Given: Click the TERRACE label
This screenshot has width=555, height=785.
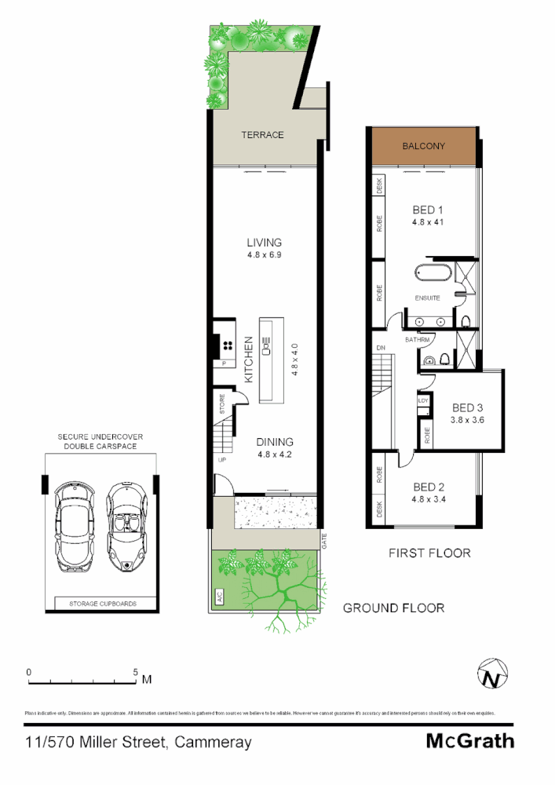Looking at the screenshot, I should pyautogui.click(x=262, y=135).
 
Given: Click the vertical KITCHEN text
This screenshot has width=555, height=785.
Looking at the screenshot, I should pyautogui.click(x=248, y=359).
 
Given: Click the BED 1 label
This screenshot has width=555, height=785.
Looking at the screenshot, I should pyautogui.click(x=429, y=210).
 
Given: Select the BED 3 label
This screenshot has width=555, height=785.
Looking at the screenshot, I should pyautogui.click(x=467, y=407).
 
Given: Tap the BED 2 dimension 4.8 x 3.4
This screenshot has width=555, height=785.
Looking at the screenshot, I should pyautogui.click(x=428, y=498).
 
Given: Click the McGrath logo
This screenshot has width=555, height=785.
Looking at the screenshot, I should pyautogui.click(x=469, y=740).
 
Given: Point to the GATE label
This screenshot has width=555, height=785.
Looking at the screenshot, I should pyautogui.click(x=323, y=541).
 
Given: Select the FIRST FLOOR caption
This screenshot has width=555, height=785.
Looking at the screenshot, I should pyautogui.click(x=429, y=553).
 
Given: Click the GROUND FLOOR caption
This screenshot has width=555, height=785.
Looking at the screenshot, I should pyautogui.click(x=393, y=608).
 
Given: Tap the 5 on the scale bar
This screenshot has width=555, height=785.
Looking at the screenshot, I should pyautogui.click(x=135, y=673).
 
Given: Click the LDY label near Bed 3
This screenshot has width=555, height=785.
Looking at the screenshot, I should pyautogui.click(x=423, y=400).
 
